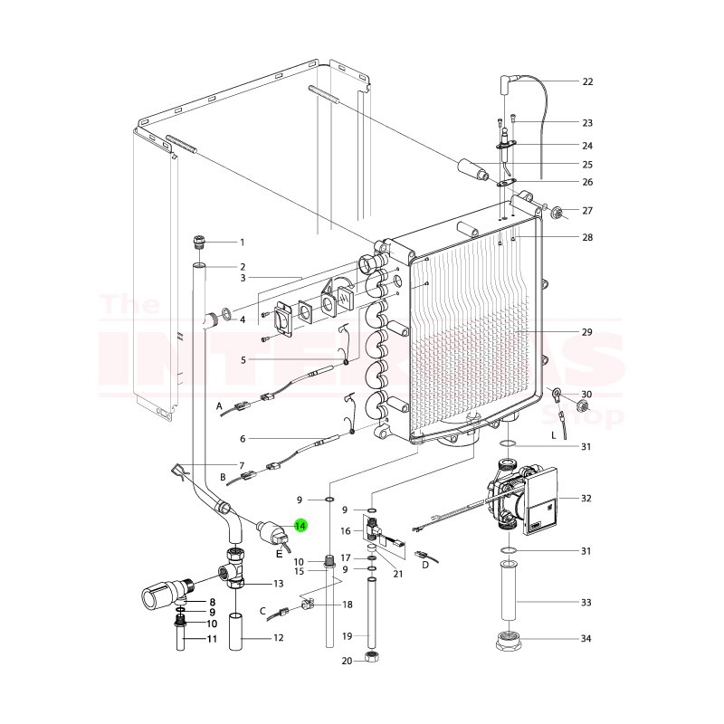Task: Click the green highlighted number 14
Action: click(x=300, y=525)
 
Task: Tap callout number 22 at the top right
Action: click(x=587, y=81)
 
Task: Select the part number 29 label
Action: click(x=587, y=332)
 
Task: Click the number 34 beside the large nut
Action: click(x=587, y=639)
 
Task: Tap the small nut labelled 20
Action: click(x=370, y=660)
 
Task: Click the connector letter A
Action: click(x=219, y=408)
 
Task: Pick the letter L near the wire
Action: click(x=552, y=435)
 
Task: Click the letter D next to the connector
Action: click(x=425, y=566)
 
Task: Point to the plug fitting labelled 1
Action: click(x=200, y=242)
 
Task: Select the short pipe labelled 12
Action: click(x=238, y=631)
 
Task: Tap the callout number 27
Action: click(x=587, y=211)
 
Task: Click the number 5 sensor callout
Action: click(x=243, y=359)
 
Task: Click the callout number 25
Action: click(x=587, y=164)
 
